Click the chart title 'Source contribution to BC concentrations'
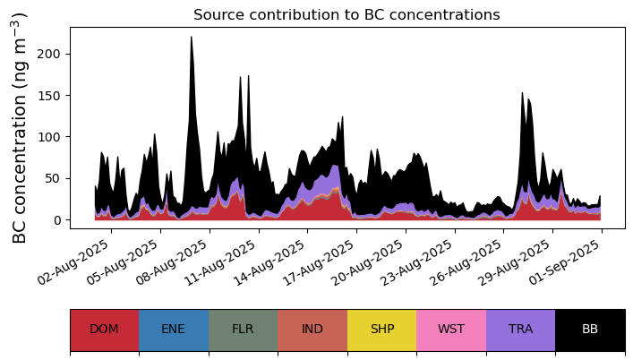[x=346, y=15]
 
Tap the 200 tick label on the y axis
[x=48, y=54]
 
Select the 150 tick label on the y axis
[x=48, y=95]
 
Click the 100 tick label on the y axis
[x=48, y=137]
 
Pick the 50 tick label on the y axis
[x=53, y=178]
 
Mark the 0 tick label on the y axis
[x=56, y=220]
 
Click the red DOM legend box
[x=105, y=330]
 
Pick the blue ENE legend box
[x=174, y=330]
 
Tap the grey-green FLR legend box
[x=243, y=330]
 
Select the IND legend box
[x=312, y=330]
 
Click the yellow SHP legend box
[x=382, y=330]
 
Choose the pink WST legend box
[x=451, y=330]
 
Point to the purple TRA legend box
[x=521, y=330]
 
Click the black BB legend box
[x=590, y=330]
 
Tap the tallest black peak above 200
[x=192, y=38]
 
